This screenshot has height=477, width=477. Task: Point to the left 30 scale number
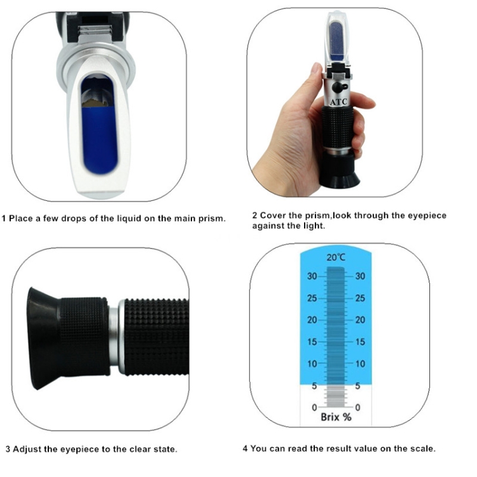click(x=312, y=276)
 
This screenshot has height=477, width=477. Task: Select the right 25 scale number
click(x=360, y=298)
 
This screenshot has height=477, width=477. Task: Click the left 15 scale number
click(x=312, y=342)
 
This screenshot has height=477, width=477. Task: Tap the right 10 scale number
click(x=360, y=364)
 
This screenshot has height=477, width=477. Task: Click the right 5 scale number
click(x=358, y=385)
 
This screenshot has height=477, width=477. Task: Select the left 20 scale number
click(x=312, y=320)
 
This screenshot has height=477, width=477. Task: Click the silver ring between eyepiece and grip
click(x=114, y=337)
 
